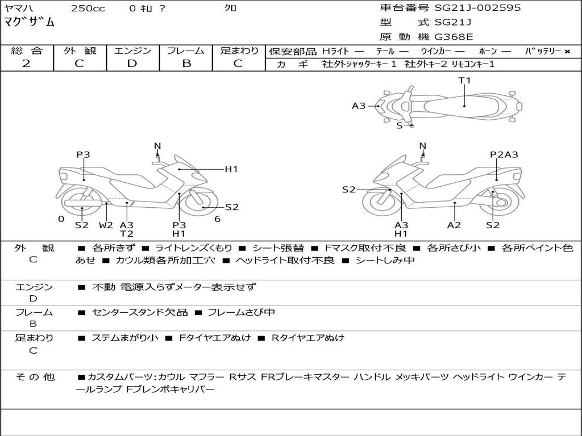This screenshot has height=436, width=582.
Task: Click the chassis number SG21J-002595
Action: [x=477, y=8]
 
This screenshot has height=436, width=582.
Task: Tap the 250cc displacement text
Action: [x=88, y=8]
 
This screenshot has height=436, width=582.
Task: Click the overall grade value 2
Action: [x=26, y=64]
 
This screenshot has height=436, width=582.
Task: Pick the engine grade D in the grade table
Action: [x=132, y=64]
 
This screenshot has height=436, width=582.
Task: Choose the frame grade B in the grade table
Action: [x=186, y=64]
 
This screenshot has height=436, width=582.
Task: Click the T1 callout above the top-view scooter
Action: [x=464, y=81]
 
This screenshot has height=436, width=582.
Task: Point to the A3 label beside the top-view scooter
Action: [x=359, y=106]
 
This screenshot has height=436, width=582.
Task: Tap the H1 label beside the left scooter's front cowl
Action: [x=231, y=169]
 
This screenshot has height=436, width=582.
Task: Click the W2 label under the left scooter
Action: [x=106, y=225]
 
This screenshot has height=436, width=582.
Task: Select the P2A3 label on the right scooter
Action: [x=504, y=154]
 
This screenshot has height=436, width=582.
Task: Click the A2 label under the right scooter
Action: [x=454, y=225]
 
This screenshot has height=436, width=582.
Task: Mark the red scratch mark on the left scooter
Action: [x=132, y=203]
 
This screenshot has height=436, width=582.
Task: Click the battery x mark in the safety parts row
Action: [x=567, y=52]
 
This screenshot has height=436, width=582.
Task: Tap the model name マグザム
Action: [x=30, y=22]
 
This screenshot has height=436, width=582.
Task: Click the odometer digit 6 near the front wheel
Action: [x=218, y=219]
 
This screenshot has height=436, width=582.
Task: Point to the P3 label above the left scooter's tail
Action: [x=83, y=154]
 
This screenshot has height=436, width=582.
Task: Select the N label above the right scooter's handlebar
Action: [x=422, y=146]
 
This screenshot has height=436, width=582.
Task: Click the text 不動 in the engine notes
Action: [x=103, y=287]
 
